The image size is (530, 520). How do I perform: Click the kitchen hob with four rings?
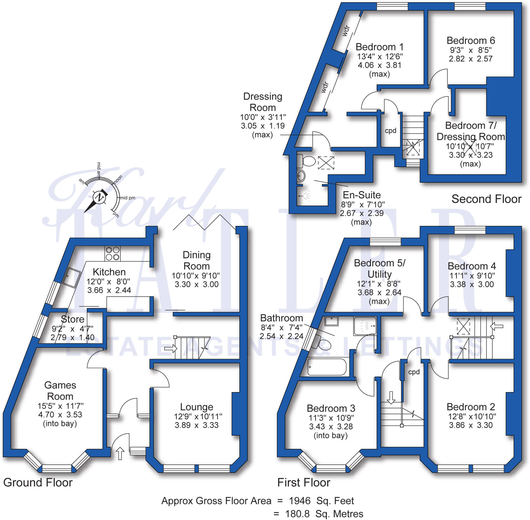coord(113,253)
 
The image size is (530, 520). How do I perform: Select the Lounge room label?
coord(196,407)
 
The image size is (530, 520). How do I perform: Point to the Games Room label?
coord(60,391)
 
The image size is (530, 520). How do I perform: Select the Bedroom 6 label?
coord(470,40)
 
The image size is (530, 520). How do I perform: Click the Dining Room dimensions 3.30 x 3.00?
coord(196,284)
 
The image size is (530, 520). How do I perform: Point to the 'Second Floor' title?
coord(486,199)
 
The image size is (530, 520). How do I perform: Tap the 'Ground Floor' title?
coord(38,482)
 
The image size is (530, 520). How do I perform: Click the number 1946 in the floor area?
coord(299,501)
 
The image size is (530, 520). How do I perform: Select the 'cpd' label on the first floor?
coord(414,372)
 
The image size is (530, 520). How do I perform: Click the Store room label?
coord(72,319)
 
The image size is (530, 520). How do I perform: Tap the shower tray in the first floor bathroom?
coord(365,326)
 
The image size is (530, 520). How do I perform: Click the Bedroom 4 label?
coord(472,266)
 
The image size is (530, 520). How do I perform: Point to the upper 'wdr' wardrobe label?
coord(346,31)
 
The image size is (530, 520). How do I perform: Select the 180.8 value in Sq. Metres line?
coord(297,514)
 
